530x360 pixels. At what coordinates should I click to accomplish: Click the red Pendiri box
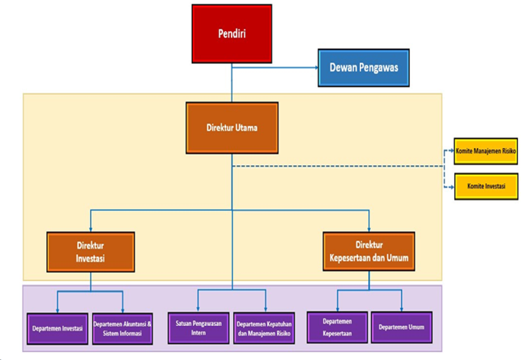tap(232, 33)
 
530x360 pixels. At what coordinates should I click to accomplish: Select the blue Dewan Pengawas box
tap(364, 68)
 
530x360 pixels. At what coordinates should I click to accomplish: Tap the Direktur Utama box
tap(232, 127)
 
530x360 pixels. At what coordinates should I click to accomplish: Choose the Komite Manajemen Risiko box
tap(486, 151)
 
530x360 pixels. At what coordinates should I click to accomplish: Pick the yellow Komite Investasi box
tap(486, 186)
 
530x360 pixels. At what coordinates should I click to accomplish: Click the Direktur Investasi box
tap(91, 252)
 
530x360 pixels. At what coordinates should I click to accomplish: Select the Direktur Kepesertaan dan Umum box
tap(369, 251)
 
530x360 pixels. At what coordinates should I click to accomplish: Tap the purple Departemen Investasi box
tap(57, 328)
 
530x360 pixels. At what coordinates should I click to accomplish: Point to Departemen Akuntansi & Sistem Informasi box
tap(122, 328)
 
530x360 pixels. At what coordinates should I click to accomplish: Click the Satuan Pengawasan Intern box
tap(199, 328)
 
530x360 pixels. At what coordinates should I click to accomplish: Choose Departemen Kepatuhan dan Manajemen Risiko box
tap(264, 328)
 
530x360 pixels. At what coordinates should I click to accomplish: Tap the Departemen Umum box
tap(401, 327)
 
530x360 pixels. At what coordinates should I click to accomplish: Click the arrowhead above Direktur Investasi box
tap(91, 229)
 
